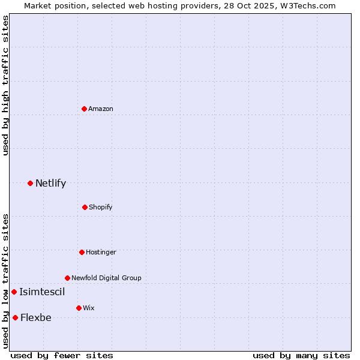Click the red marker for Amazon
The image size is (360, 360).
[85, 109]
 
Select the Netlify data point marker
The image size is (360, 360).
[30, 183]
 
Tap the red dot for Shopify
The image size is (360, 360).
[85, 207]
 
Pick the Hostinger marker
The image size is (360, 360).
[82, 252]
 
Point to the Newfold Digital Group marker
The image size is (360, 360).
[67, 278]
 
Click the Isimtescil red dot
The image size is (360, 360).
[14, 292]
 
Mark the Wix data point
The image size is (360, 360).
[79, 308]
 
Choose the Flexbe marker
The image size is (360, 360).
[15, 317]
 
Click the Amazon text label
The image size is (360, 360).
[101, 109]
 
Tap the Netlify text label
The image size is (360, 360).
[50, 183]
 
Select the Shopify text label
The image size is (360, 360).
[100, 207]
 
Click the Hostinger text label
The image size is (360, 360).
[101, 252]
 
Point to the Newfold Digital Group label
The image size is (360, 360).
[106, 278]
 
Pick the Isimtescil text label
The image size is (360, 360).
[42, 292]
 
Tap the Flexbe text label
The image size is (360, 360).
[36, 317]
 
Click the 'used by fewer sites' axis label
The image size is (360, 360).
[62, 355]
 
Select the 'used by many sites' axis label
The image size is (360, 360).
[301, 355]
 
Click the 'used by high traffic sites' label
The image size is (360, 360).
[5, 85]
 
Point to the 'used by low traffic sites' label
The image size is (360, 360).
[5, 281]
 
